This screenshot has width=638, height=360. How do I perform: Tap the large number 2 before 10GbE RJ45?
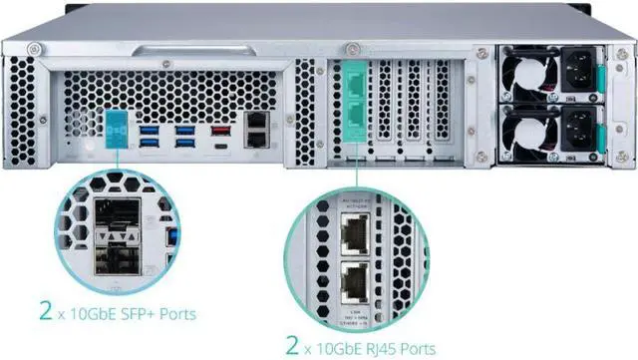tap(292, 346)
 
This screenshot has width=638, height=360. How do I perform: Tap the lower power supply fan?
tap(521, 127)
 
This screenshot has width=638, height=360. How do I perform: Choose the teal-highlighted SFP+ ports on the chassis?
tap(115, 130)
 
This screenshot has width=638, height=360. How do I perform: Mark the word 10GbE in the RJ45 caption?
tap(338, 348)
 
